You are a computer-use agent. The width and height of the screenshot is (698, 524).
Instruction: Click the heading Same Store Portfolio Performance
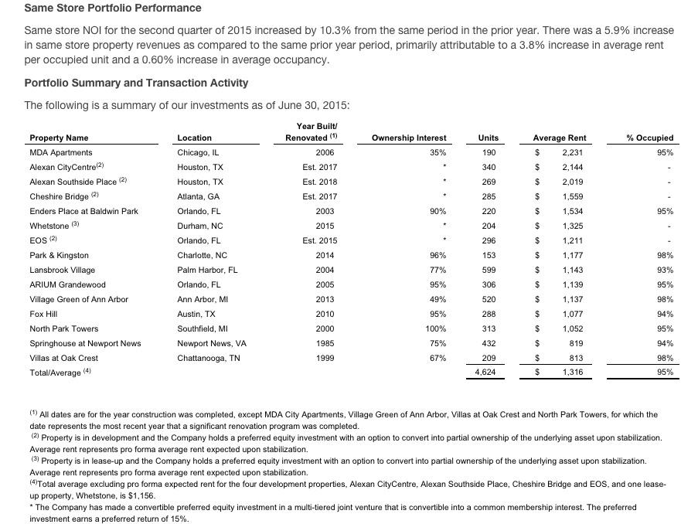[x=113, y=8]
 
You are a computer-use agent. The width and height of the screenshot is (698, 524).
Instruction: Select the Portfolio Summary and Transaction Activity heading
[x=136, y=83]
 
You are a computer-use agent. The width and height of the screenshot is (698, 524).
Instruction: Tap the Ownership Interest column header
[x=409, y=138]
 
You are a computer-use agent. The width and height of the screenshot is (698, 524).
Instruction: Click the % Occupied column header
[x=650, y=138]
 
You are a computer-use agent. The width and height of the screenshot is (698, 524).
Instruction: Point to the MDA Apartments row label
[x=60, y=153]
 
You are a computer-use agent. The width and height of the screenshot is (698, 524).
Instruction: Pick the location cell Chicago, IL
[x=198, y=153]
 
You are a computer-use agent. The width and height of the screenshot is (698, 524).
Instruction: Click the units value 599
[x=489, y=271]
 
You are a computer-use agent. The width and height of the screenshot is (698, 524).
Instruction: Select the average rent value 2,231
[x=572, y=153]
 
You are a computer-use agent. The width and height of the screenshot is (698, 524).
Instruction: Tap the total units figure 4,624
[x=485, y=373]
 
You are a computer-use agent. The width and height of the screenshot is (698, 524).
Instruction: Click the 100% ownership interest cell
[x=437, y=329]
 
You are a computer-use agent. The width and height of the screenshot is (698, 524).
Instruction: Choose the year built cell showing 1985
[x=325, y=344]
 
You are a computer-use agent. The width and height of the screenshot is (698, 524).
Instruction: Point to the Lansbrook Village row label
[x=62, y=271]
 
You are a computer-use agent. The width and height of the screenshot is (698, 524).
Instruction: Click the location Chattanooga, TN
[x=208, y=359]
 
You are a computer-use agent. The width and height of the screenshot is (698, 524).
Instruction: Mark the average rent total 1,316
[x=572, y=373]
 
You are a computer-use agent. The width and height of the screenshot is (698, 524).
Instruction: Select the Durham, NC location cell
[x=199, y=226]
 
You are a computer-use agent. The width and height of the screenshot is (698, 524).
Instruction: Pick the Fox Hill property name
[x=43, y=315]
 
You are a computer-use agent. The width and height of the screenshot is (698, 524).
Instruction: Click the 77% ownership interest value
[x=438, y=271]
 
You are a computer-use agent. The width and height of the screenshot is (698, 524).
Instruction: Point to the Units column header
[x=489, y=138]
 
